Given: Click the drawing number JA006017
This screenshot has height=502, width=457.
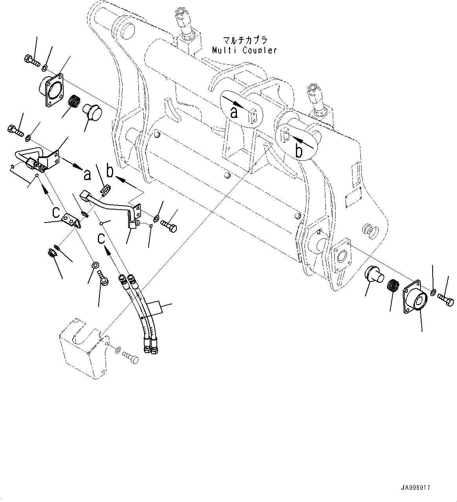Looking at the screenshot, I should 415,487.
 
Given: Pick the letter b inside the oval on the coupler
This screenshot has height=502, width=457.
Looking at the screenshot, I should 299,151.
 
